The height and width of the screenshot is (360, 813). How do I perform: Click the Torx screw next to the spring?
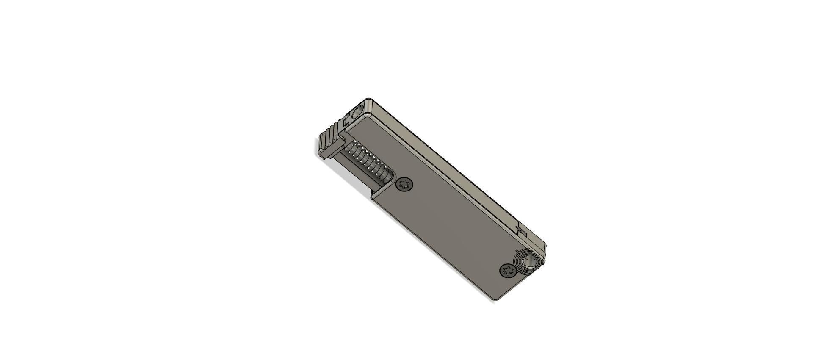(405, 185)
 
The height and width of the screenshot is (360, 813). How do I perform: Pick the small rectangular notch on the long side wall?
(522, 231)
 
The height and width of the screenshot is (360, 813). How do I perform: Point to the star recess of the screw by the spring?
(405, 185)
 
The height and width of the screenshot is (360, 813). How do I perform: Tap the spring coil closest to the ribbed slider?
(351, 148)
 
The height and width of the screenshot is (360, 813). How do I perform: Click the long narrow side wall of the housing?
(457, 169)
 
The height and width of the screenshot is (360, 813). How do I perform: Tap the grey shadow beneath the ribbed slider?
(347, 174)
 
